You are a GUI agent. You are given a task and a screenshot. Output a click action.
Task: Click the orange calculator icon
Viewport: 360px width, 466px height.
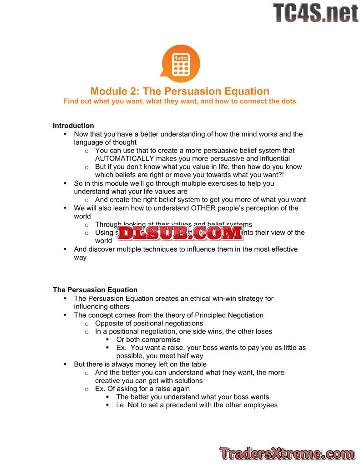tap(180, 63)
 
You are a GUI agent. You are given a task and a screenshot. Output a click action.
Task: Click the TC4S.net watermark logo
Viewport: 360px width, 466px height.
tap(315, 13)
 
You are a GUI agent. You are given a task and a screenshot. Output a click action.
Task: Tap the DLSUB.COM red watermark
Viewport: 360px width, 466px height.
tap(180, 233)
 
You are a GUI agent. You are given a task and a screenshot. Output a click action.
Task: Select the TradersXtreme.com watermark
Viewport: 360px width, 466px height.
tap(287, 453)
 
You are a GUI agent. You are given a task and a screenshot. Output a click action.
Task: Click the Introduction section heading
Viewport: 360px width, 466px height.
tap(73, 126)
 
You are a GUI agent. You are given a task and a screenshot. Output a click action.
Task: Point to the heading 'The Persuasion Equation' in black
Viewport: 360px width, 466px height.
tap(95, 290)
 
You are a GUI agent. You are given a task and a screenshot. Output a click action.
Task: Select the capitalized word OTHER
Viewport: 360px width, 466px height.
tap(204, 208)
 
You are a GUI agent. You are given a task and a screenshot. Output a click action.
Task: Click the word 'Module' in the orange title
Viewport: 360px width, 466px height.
tap(108, 91)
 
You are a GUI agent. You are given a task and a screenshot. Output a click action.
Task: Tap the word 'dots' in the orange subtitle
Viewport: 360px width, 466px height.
tap(288, 101)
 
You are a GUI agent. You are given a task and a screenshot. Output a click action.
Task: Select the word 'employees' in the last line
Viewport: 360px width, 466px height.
tap(261, 405)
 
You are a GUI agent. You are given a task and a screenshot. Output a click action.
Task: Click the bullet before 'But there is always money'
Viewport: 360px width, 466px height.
tap(65, 364)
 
